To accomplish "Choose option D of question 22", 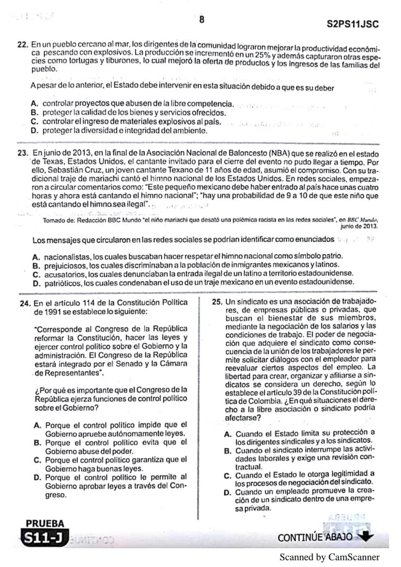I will [34, 131].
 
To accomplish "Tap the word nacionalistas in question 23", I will [64, 256].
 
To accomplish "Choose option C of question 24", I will [37, 460].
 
